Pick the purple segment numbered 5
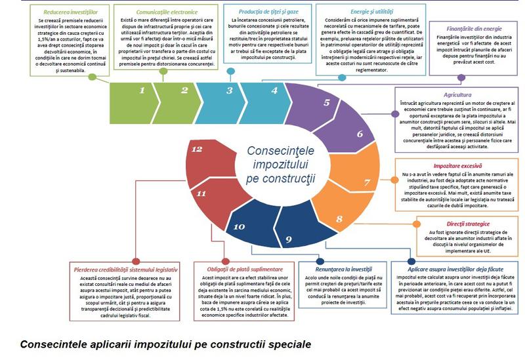pos(326,103)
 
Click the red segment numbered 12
pos(196,150)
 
